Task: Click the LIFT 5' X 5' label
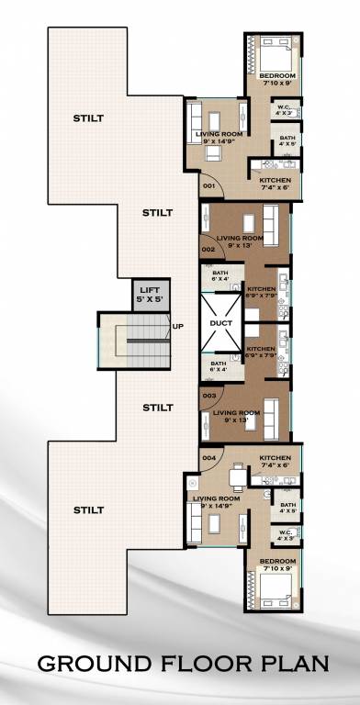148,294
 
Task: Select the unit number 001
208,186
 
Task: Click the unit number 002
208,249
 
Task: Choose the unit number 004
208,457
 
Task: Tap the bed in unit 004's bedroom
271,587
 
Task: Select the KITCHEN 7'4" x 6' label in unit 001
275,183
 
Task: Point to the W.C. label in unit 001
285,110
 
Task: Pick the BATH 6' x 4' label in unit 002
219,276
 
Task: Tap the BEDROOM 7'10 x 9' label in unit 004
276,563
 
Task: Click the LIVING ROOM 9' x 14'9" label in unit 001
219,138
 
